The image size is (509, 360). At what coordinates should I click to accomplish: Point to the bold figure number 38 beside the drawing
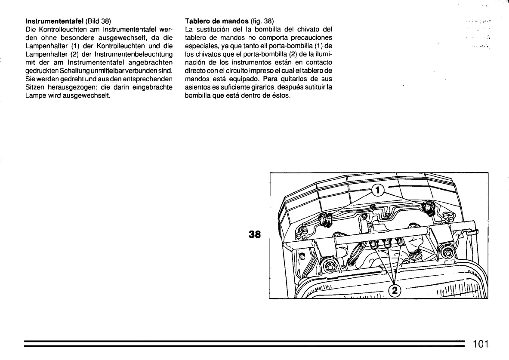pyautogui.click(x=255, y=234)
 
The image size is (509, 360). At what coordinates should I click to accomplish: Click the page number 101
pyautogui.click(x=481, y=344)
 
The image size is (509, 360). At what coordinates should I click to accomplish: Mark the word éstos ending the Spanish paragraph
pyautogui.click(x=281, y=95)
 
